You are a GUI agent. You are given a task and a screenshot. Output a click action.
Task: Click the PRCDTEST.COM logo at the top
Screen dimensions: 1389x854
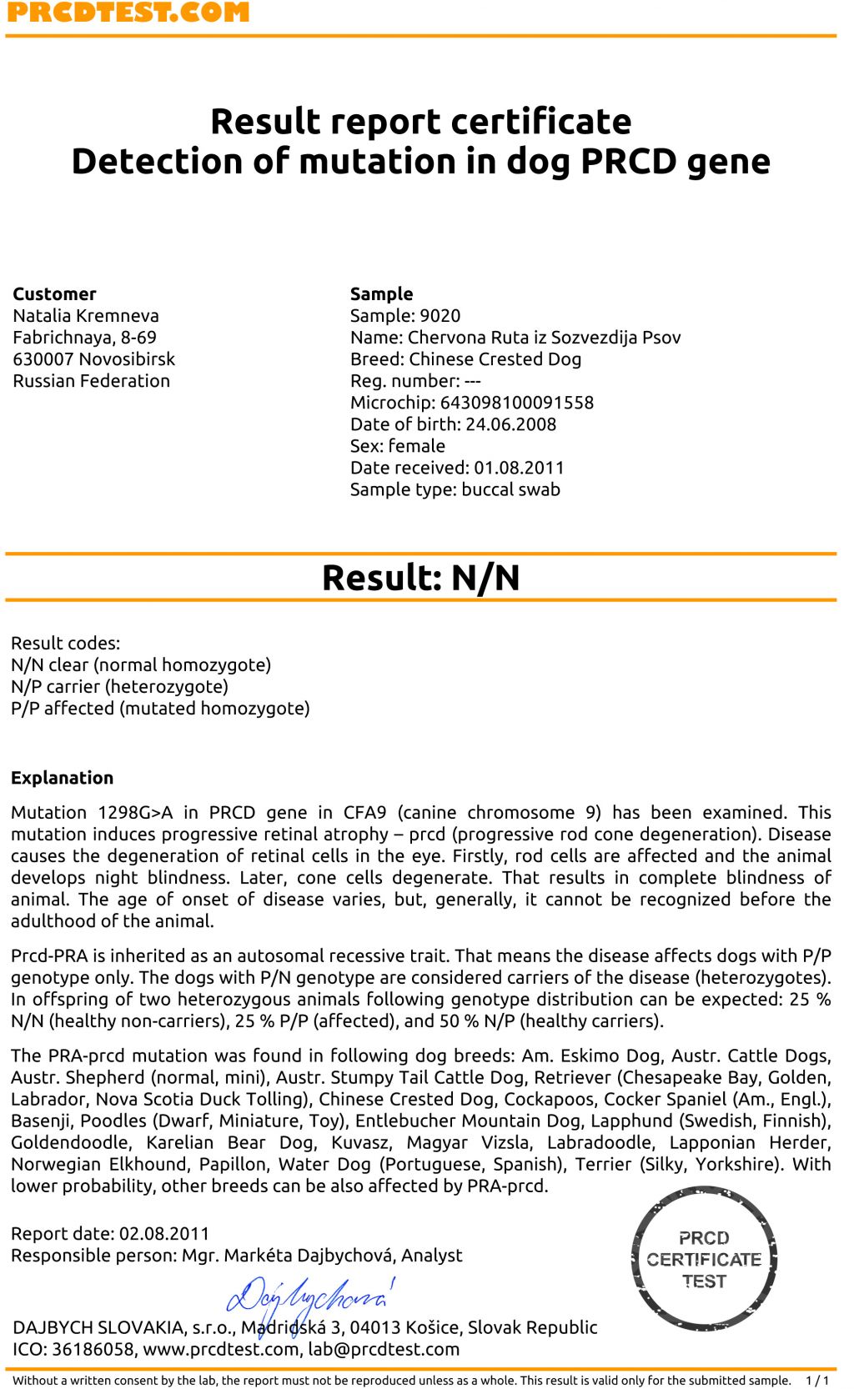(128, 12)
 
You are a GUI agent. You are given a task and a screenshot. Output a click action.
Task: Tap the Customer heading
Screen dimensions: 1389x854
(54, 294)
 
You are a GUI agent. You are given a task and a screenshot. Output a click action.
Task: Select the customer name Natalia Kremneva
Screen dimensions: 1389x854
(86, 316)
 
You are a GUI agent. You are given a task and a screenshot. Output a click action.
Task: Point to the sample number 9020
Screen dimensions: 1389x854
(440, 316)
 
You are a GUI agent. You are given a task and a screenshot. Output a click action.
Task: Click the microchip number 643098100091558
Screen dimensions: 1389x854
(517, 403)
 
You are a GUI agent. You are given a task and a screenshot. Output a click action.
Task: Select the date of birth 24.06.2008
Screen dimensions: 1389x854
(510, 424)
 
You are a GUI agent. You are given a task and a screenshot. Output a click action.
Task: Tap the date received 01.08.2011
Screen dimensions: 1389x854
(519, 468)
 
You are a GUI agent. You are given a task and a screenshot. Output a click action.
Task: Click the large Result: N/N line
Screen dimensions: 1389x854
(420, 578)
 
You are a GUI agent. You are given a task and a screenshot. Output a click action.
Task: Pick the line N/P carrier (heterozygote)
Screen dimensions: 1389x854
(119, 687)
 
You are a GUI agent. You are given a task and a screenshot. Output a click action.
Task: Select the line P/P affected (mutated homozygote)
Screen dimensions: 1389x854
(160, 709)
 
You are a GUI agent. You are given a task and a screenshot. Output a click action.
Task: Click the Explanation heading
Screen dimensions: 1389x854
(62, 778)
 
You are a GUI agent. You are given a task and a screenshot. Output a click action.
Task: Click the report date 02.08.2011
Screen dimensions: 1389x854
(164, 1234)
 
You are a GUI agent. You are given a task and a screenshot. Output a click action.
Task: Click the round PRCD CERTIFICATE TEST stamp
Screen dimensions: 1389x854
(704, 1259)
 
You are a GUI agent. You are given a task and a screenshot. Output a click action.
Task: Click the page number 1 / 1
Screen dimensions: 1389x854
(816, 1381)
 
